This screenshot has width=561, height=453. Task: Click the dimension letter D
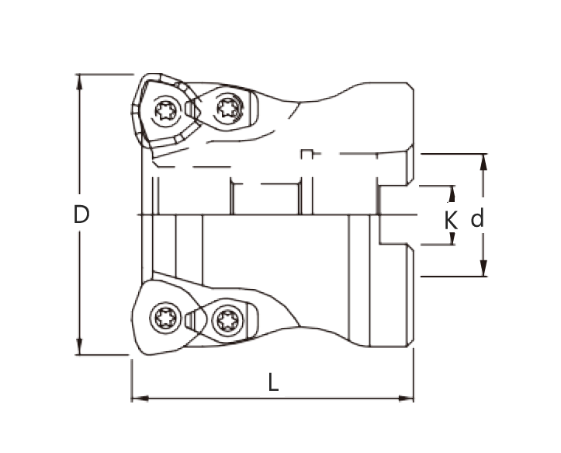[81, 214]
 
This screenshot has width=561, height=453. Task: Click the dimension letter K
[451, 220]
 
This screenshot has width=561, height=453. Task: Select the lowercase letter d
[477, 220]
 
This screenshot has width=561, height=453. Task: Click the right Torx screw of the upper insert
[227, 107]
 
